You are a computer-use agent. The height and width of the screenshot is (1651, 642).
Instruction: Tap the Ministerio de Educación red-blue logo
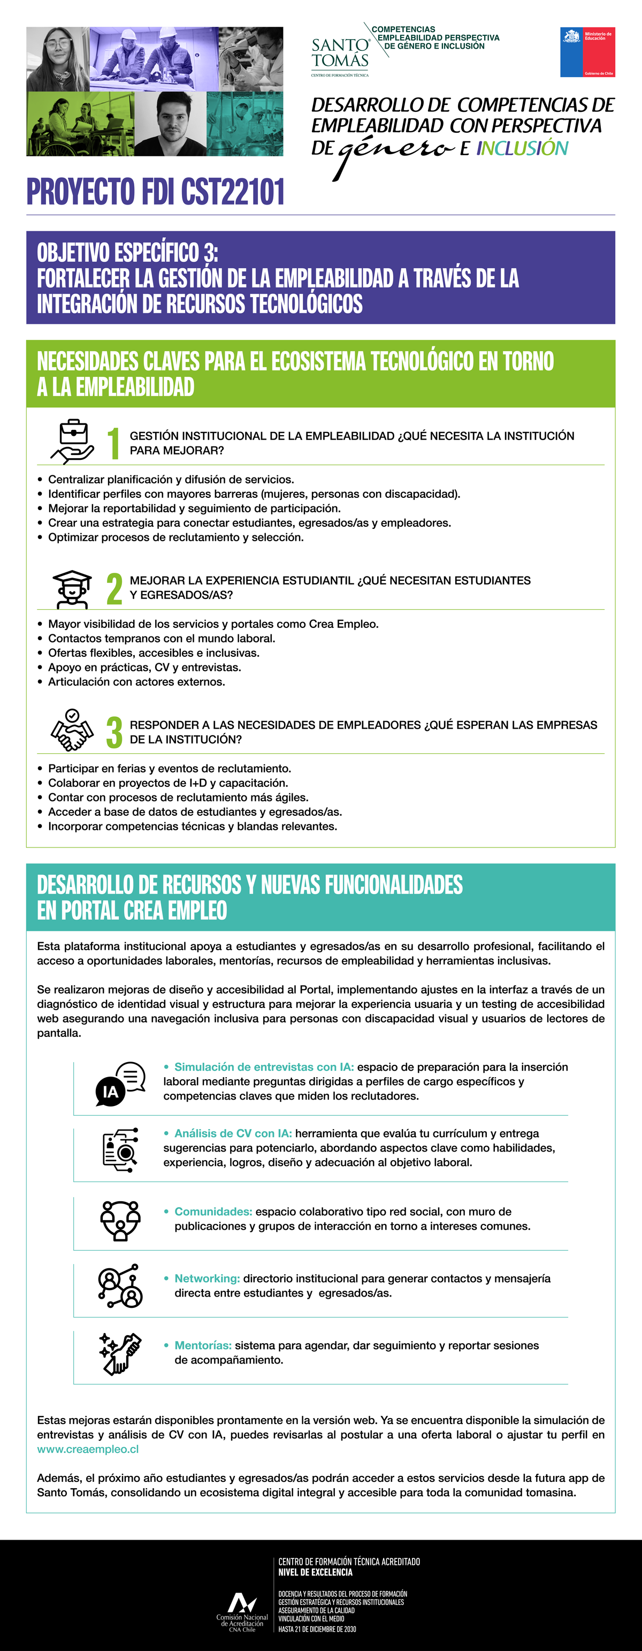[587, 52]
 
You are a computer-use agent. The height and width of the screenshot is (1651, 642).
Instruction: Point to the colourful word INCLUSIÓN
[522, 148]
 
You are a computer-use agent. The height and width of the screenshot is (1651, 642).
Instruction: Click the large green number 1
[114, 443]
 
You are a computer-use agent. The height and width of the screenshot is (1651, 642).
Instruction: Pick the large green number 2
[114, 588]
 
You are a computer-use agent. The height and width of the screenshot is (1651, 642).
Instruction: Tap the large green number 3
[114, 732]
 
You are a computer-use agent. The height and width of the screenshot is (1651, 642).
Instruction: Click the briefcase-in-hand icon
[72, 442]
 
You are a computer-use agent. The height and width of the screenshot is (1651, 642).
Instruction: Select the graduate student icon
[72, 588]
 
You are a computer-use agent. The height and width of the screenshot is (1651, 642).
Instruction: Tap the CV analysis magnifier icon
[120, 1150]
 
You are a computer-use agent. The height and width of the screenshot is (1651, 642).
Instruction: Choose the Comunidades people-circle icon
[120, 1220]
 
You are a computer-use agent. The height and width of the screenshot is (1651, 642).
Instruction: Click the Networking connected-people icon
[120, 1286]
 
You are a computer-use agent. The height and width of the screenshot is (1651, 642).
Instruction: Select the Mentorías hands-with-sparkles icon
[120, 1353]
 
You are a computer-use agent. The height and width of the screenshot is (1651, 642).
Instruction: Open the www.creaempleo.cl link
[88, 1449]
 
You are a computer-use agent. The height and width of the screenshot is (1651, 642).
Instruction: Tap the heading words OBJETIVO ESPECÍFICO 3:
[127, 253]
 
